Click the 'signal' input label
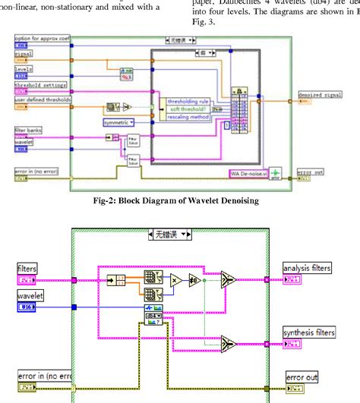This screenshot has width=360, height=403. (x=24, y=55)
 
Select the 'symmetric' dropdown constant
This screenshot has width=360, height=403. (x=118, y=121)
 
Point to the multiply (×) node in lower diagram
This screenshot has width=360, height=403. (x=174, y=280)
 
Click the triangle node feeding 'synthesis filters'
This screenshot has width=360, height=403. (x=229, y=345)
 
